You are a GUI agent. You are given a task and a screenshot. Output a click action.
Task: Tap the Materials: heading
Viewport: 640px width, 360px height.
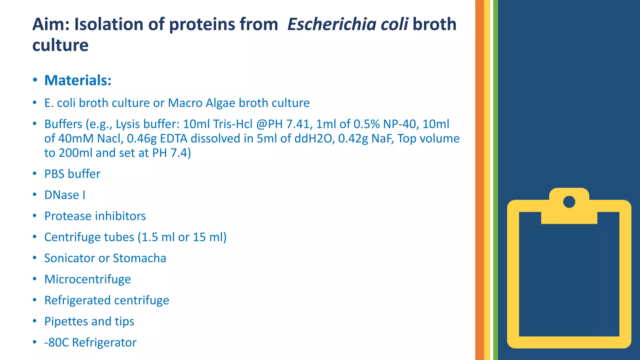78,80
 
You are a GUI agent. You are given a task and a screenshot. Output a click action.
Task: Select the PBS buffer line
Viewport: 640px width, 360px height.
72,174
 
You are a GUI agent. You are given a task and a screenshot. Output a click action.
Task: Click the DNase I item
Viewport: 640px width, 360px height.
65,195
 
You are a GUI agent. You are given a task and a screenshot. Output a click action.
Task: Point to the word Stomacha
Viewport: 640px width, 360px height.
139,258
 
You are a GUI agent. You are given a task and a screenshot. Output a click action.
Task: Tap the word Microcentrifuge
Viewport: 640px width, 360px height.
87,279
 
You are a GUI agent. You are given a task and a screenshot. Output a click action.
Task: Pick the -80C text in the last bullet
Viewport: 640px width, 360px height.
57,342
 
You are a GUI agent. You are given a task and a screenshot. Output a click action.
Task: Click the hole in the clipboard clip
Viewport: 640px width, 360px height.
569,202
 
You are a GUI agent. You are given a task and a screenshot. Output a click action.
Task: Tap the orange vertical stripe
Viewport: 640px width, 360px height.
479,180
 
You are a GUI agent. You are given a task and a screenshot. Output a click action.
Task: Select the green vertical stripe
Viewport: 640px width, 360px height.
495,180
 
